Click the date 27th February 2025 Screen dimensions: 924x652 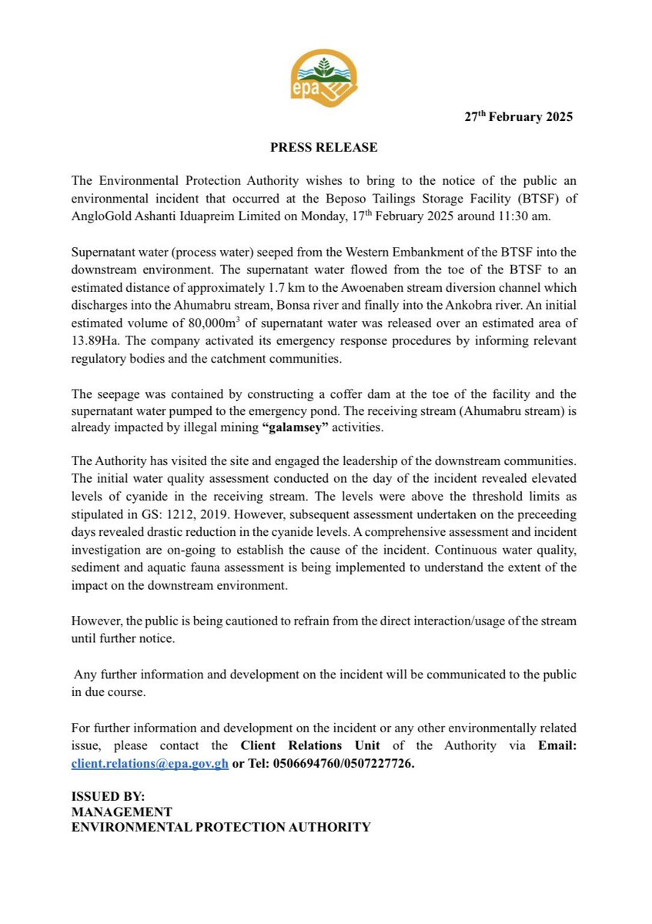(518, 117)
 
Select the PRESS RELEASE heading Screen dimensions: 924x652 (323, 147)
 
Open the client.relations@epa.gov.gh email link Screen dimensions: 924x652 (149, 763)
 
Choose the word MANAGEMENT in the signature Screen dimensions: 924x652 (122, 812)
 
